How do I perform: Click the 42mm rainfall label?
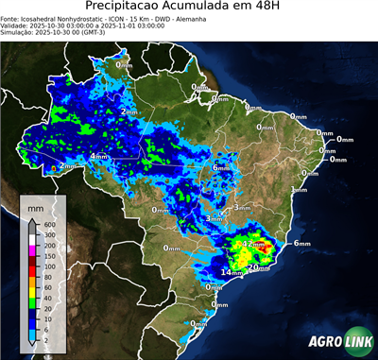[x=254, y=244]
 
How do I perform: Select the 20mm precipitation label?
[x=255, y=267]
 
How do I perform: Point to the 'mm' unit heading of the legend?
[x=35, y=207]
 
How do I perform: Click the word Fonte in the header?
[x=12, y=18]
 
